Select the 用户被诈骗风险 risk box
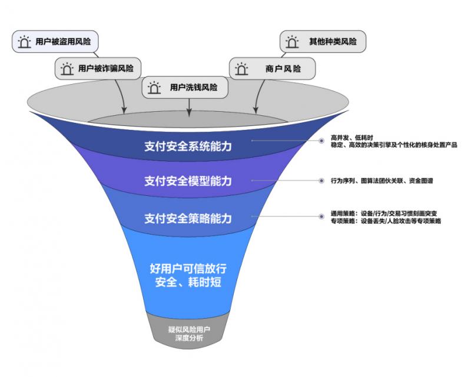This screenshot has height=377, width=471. coord(98,68)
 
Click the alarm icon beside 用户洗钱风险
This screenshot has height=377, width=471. coord(154,88)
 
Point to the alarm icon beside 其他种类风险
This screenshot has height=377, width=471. coord(292,42)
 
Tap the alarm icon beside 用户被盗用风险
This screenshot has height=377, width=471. coord(24,42)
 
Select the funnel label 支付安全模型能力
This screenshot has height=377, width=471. coord(188,180)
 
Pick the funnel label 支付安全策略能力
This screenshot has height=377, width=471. coord(188,219)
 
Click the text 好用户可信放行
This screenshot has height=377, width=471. coord(188,268)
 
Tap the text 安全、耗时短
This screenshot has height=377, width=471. coord(188,282)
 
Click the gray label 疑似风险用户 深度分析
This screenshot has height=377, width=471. coord(188,334)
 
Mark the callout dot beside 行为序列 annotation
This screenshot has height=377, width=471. coord(322,180)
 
